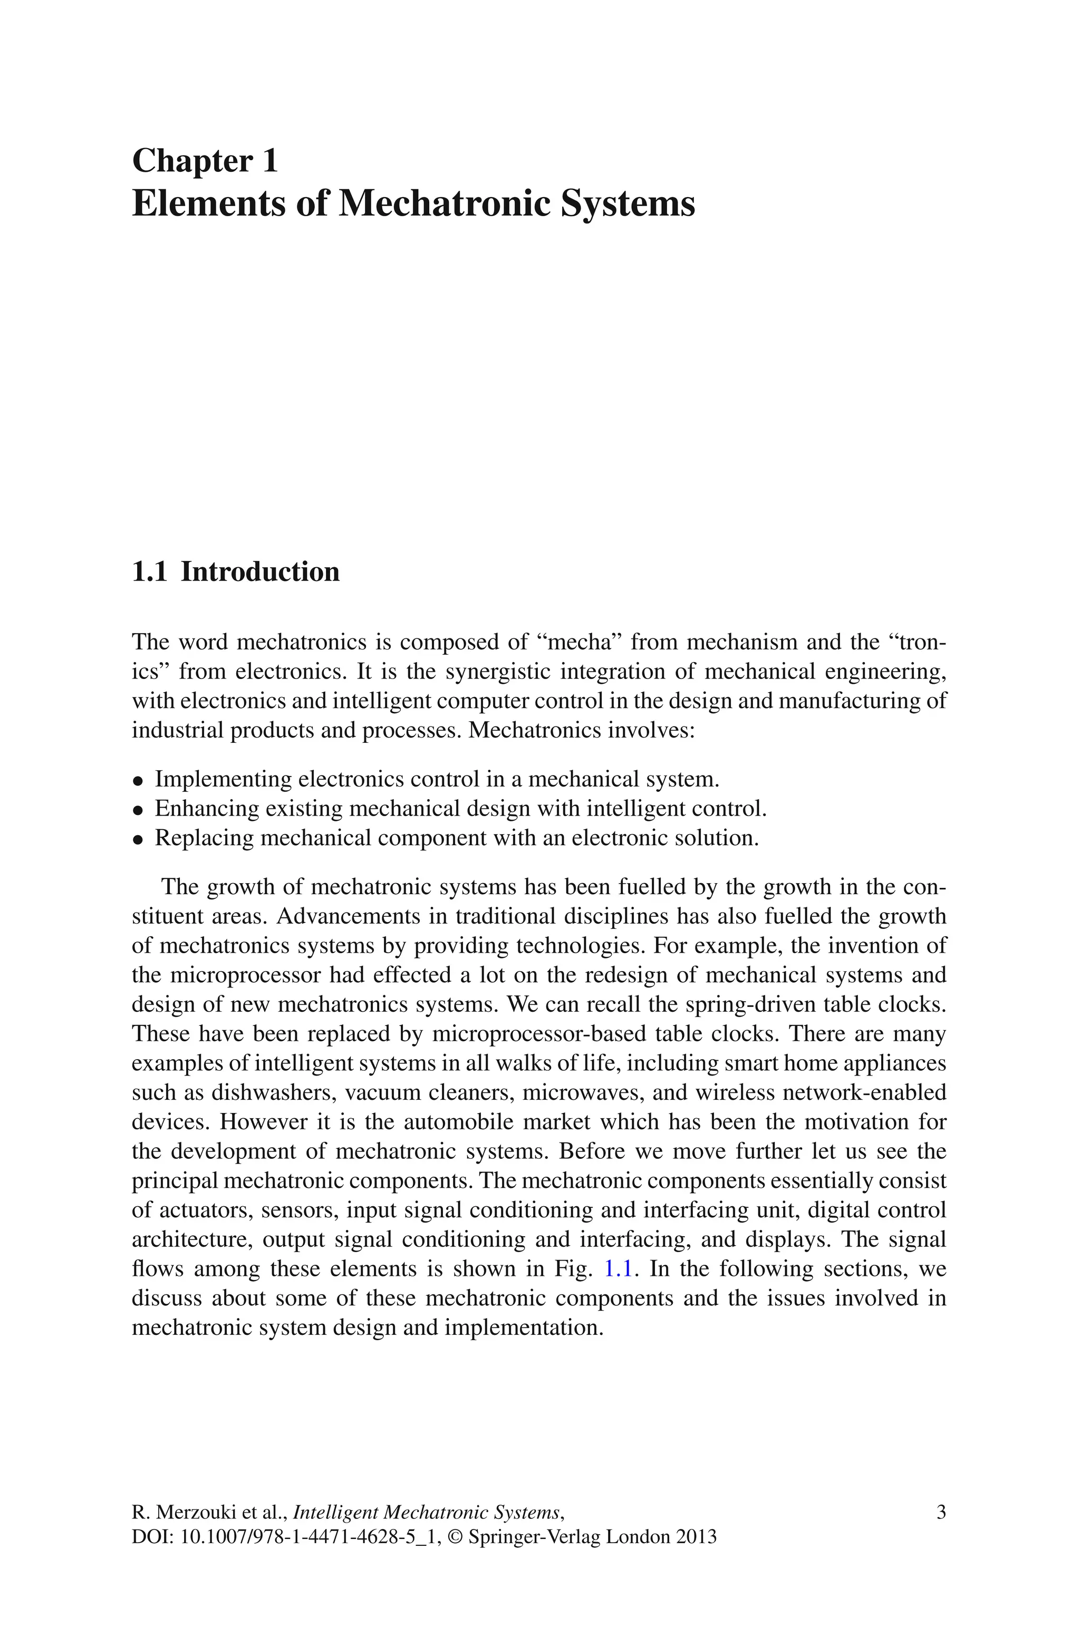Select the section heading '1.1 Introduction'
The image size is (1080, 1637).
pyautogui.click(x=236, y=572)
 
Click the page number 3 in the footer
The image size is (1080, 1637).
pyautogui.click(x=941, y=1513)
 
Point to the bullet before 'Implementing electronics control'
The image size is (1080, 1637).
pyautogui.click(x=139, y=781)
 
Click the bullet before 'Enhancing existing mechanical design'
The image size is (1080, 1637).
pyautogui.click(x=139, y=811)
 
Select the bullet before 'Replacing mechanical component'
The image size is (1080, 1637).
pyautogui.click(x=139, y=840)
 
